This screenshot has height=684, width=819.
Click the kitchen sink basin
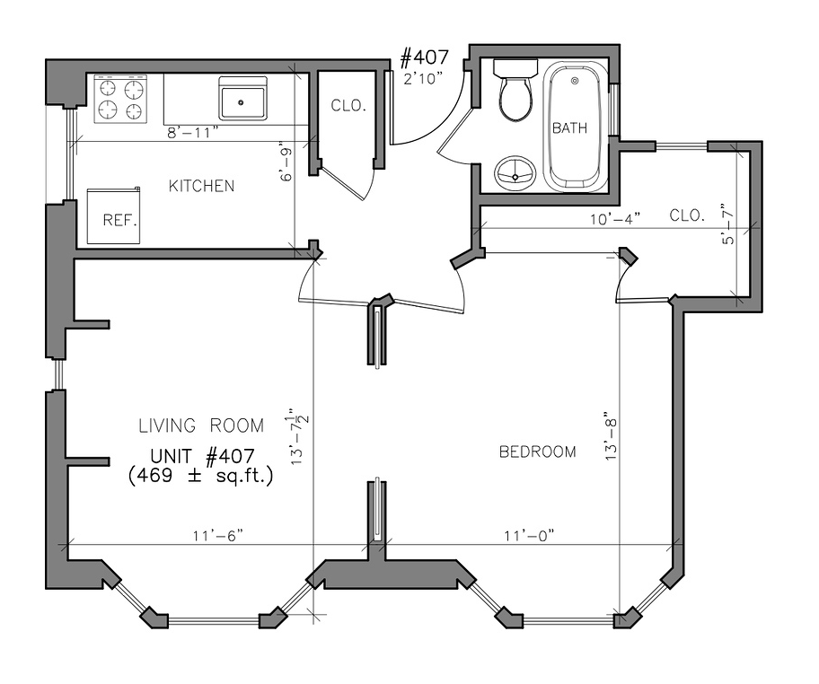pos(242,103)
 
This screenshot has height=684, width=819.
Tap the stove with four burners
pos(120,100)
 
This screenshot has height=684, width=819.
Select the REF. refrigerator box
pos(114,215)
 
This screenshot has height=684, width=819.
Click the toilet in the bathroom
pos(515,90)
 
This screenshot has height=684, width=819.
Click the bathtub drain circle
pos(575,81)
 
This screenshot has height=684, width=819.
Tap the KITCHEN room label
pos(201,186)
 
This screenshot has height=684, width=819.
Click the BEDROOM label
pos(537,452)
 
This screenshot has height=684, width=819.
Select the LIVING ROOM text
pos(201,425)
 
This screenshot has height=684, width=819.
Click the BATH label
pos(569,128)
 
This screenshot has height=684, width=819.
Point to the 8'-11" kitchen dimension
pos(191,133)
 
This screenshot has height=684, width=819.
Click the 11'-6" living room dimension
pos(218,536)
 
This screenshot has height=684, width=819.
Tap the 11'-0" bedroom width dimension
pos(529,536)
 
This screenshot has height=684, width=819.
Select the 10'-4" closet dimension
pos(615,219)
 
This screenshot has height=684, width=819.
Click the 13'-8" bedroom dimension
pos(612,439)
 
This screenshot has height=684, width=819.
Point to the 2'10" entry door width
pos(423,78)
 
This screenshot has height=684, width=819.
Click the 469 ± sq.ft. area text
pos(201,476)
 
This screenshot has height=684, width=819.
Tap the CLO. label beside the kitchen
pos(348,105)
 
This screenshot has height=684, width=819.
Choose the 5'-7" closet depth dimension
pos(727,224)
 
